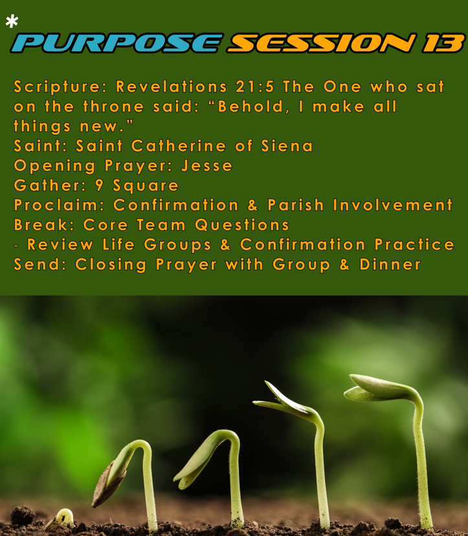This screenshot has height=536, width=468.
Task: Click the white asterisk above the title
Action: [x=12, y=21]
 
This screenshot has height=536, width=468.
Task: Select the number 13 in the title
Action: [x=443, y=43]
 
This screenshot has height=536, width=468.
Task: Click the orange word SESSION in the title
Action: [x=322, y=43]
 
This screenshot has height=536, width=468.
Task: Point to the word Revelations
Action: [x=172, y=87]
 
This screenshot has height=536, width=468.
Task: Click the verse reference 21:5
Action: [x=255, y=87]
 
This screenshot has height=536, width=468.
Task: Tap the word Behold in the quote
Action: [x=251, y=107]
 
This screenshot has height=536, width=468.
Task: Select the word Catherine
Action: [x=179, y=146]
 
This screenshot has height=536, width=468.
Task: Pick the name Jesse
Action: [x=207, y=166]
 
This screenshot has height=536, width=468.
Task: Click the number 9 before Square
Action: [x=99, y=185]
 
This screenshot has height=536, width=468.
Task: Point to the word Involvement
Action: [x=393, y=205]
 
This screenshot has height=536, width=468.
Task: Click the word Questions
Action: [x=242, y=225]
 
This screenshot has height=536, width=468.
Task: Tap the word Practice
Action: [x=414, y=245]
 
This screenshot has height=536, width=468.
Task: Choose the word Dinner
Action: [x=390, y=264]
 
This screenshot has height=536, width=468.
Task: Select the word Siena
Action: [x=287, y=146]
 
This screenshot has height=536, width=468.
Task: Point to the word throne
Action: [x=114, y=107]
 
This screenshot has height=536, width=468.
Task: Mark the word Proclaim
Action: [x=56, y=205]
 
